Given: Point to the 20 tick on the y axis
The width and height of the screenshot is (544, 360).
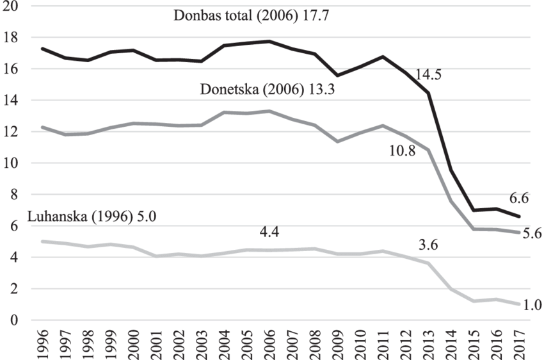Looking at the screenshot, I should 11,6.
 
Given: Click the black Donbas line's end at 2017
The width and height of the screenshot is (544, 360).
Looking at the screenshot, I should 518,217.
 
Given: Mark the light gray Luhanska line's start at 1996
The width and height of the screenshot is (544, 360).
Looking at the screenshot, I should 43,241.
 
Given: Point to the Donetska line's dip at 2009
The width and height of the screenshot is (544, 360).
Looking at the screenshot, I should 338,141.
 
